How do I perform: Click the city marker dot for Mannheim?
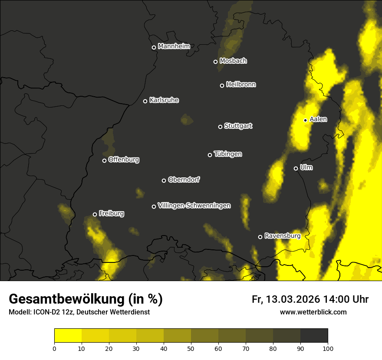click(x=154, y=48)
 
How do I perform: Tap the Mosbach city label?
click(x=233, y=61)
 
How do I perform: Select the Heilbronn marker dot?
click(x=222, y=85)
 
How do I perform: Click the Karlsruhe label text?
click(x=164, y=100)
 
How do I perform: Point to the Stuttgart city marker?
click(x=220, y=127)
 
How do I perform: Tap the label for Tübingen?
click(x=228, y=154)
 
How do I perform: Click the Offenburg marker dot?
click(x=104, y=160)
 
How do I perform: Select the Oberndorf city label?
click(x=184, y=180)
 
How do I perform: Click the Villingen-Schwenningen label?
click(x=194, y=206)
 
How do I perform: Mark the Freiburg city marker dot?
click(x=95, y=214)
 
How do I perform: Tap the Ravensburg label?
click(x=283, y=236)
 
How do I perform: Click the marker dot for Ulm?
click(x=296, y=168)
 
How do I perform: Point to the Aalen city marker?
click(x=305, y=120)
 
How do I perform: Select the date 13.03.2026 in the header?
click(x=293, y=299)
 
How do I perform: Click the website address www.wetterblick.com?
click(x=313, y=312)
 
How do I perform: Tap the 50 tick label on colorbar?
click(x=191, y=348)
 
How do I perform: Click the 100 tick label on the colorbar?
click(x=327, y=348)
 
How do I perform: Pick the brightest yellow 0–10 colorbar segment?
click(x=68, y=336)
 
